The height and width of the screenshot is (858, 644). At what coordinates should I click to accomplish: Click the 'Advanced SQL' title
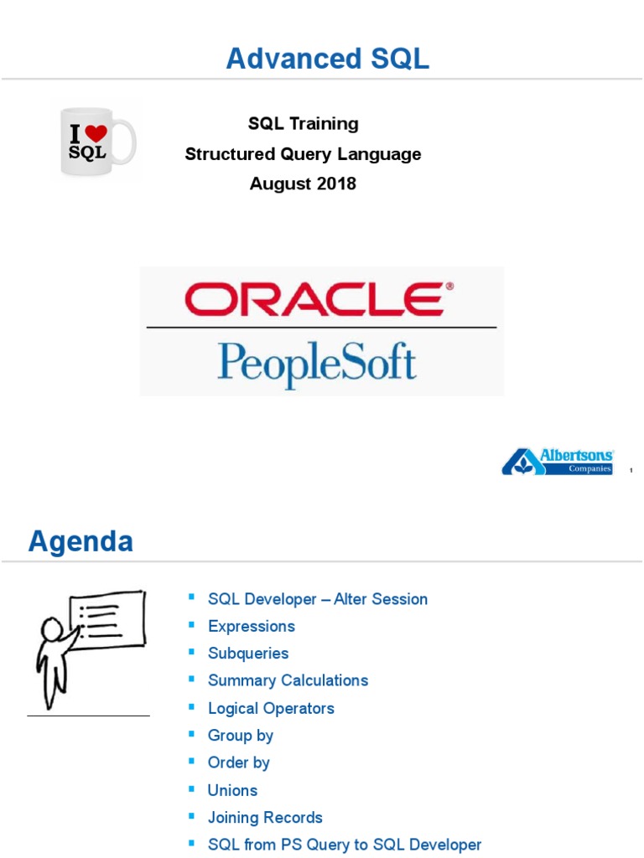point(327,59)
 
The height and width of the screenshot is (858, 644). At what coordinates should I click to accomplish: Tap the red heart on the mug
point(96,133)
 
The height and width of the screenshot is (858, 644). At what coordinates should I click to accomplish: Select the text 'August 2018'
point(303,183)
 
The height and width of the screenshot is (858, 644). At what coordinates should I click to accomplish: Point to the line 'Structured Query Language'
point(303,154)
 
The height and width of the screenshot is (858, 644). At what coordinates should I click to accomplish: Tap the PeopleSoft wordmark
point(317,362)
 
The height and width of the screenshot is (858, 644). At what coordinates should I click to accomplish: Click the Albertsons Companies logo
point(558,462)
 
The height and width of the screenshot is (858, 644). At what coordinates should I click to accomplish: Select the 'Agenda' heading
point(80,541)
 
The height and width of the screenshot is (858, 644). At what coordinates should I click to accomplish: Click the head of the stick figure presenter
point(52,628)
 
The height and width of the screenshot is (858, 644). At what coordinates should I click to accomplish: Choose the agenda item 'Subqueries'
point(248,654)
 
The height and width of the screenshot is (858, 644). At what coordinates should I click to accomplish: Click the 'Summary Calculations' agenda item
point(288,680)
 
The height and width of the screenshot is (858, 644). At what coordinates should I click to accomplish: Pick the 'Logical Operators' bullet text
point(271,708)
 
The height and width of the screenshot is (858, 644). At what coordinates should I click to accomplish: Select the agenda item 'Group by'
point(241,736)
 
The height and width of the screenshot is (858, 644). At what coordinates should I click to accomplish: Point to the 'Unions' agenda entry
point(232,790)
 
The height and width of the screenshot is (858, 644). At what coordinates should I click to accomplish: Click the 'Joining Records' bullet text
point(265,818)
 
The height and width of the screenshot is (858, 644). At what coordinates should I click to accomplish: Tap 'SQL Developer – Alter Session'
point(318,599)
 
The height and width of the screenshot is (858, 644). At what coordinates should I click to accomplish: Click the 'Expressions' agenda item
point(252,627)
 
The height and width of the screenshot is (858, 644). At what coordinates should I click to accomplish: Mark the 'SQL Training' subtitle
point(303,124)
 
